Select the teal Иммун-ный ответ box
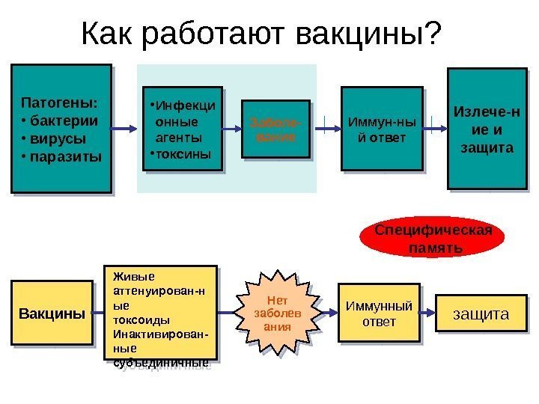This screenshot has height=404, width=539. [377, 129]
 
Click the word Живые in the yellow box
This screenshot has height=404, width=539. [128, 274]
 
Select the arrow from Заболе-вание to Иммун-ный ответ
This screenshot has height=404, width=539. [323, 129]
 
